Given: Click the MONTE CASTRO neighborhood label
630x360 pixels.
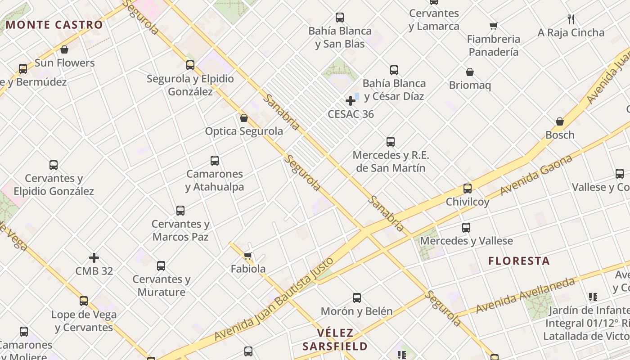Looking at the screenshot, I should (54, 25).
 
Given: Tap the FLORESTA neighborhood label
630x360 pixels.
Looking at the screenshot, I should (519, 261).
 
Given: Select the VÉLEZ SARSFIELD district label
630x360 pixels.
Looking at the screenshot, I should (335, 340).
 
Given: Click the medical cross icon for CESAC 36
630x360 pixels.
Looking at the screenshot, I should (351, 101).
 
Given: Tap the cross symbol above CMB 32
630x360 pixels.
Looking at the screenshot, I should (94, 258).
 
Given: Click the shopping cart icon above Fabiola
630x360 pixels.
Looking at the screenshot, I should (247, 256).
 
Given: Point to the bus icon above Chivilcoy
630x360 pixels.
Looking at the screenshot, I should (468, 189).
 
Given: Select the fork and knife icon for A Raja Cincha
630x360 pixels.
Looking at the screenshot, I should (571, 19).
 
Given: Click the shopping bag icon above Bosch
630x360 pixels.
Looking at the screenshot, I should (560, 121).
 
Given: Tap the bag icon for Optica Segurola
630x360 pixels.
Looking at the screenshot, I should (244, 118).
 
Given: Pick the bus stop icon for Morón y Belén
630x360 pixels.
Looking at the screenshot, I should (357, 297).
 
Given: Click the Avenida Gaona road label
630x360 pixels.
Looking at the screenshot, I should (536, 175).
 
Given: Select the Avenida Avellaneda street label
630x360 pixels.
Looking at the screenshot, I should (525, 296).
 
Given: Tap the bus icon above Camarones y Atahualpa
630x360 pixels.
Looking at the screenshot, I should (215, 161).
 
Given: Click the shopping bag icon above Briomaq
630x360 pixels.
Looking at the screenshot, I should (470, 72).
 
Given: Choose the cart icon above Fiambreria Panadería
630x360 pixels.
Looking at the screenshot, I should (493, 26).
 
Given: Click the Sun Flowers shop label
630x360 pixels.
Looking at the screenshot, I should (65, 63).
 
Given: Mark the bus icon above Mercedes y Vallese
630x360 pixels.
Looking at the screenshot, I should (466, 228).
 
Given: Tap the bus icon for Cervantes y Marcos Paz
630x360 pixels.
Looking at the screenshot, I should (180, 211).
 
